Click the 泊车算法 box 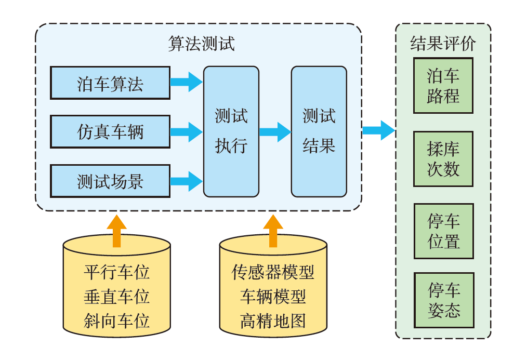[x=110, y=83]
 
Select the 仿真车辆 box [x=110, y=132]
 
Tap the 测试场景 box [x=110, y=181]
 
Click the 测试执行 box [x=231, y=131]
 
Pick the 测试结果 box [x=319, y=131]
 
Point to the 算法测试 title [x=201, y=44]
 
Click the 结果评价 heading [x=443, y=43]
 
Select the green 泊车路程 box [x=443, y=86]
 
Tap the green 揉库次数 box [x=443, y=159]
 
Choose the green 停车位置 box [x=443, y=231]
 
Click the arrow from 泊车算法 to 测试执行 [x=186, y=82]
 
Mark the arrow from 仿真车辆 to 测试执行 [x=186, y=131]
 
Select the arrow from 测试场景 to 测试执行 [x=186, y=181]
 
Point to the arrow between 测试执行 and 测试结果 [x=275, y=131]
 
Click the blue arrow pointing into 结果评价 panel [x=378, y=130]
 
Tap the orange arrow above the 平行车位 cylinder [x=116, y=230]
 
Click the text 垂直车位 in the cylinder [x=116, y=296]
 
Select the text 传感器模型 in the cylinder [x=273, y=272]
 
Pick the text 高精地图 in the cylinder [x=273, y=321]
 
